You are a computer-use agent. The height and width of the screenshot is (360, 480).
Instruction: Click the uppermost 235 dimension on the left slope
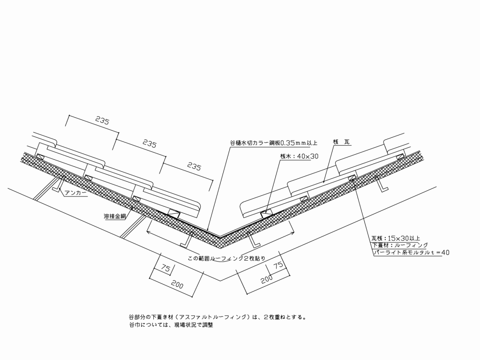[102, 121]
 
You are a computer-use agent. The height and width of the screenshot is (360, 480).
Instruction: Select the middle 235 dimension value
[150, 143]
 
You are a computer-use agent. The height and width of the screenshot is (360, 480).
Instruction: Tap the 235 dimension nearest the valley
[194, 166]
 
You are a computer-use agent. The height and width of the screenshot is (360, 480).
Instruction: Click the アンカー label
[75, 193]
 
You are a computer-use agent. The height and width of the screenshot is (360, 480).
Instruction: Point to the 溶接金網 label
[115, 217]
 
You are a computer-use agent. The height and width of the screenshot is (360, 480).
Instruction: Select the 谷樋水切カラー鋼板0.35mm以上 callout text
[274, 143]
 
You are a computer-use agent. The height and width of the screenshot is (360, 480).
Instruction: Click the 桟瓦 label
[341, 142]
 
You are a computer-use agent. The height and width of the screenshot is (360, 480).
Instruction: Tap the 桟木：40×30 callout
[299, 157]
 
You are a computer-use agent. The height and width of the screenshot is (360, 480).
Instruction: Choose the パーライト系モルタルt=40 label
[411, 253]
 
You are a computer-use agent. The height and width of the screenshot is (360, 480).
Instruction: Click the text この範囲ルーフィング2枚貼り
[227, 258]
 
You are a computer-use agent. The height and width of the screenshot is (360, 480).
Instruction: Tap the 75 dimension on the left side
[165, 268]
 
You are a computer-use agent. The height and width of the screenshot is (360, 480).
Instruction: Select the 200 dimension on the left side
[177, 285]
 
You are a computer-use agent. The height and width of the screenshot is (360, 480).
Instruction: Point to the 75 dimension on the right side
[278, 265]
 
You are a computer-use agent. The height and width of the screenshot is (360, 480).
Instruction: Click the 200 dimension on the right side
[267, 279]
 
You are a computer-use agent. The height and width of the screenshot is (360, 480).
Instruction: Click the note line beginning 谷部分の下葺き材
[217, 317]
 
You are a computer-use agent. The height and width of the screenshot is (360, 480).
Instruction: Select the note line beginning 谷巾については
[171, 325]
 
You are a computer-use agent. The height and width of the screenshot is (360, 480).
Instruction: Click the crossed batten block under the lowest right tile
[265, 213]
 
